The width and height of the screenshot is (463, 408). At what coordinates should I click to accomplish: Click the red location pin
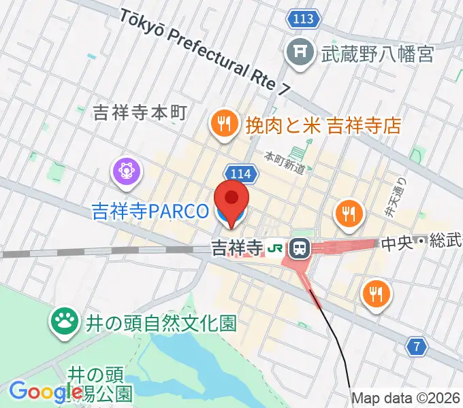pyautogui.click(x=231, y=200)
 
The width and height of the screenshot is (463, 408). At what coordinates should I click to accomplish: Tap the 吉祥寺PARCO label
pyautogui.click(x=150, y=211)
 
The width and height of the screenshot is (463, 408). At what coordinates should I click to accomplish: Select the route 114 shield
pyautogui.click(x=240, y=175)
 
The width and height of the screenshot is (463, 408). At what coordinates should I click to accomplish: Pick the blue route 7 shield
pyautogui.click(x=418, y=347)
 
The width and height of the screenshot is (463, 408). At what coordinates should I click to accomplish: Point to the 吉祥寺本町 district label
pyautogui.click(x=139, y=113)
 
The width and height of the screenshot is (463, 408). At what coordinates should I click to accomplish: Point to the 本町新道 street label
pyautogui.click(x=285, y=164)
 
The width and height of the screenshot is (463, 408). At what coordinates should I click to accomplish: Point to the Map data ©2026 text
pyautogui.click(x=406, y=398)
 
